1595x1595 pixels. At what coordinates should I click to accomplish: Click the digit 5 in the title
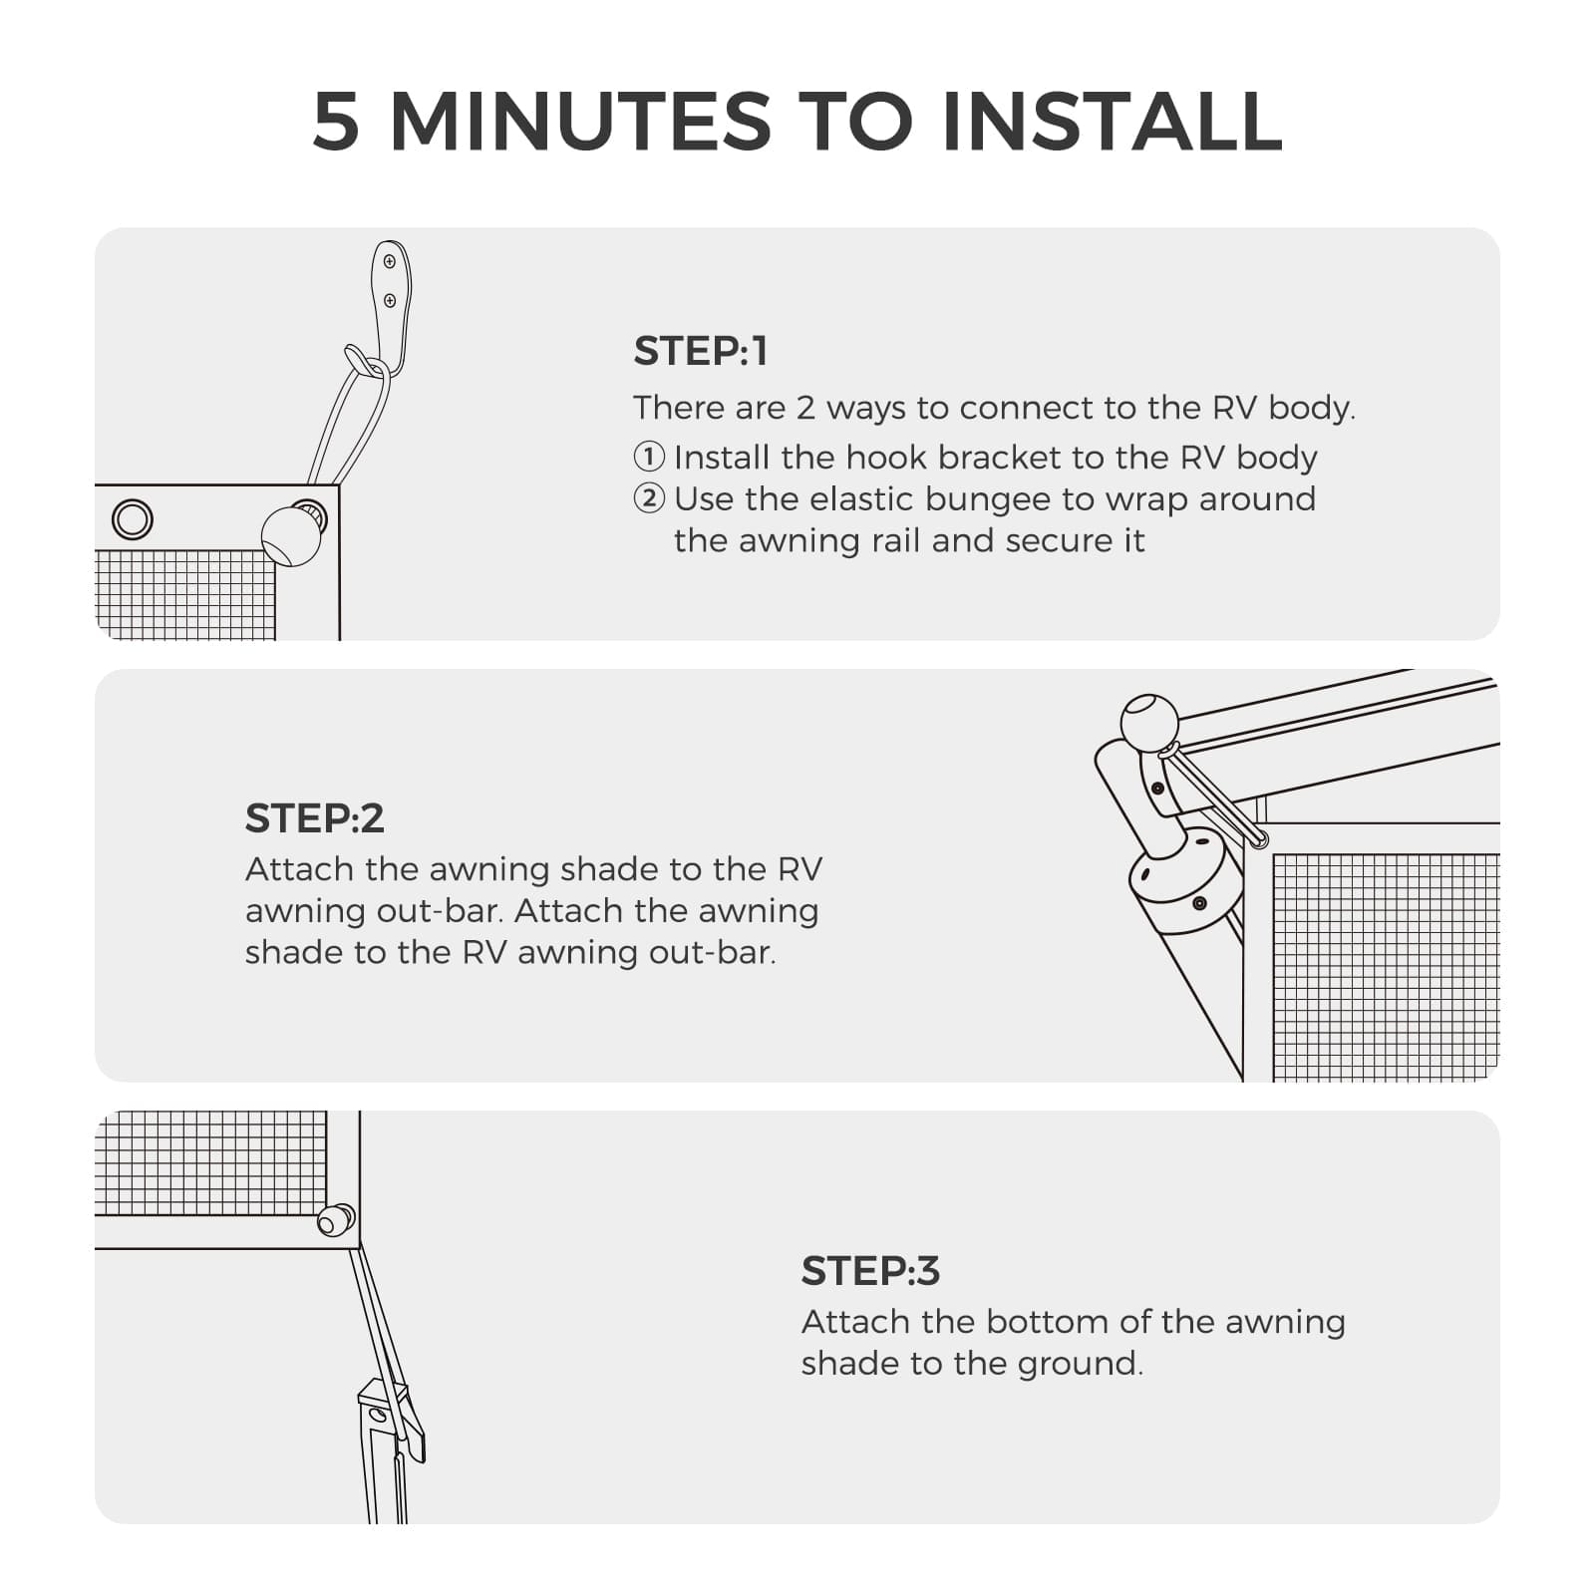[x=335, y=123]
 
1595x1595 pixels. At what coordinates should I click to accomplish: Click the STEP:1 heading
[x=701, y=352]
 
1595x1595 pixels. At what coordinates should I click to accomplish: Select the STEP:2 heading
[x=314, y=818]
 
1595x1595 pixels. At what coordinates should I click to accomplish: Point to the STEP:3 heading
[x=870, y=1271]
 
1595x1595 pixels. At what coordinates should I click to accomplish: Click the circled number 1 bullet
[x=649, y=458]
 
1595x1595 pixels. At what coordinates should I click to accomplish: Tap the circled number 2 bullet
[x=649, y=498]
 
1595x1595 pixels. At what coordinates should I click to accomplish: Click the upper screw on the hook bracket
[x=390, y=263]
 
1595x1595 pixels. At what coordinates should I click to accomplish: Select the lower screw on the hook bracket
[x=390, y=300]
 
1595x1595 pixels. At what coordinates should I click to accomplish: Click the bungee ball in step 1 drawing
[x=291, y=536]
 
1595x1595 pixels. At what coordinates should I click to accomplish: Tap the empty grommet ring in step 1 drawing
[x=133, y=519]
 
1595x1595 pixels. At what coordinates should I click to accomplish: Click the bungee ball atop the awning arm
[x=1149, y=722]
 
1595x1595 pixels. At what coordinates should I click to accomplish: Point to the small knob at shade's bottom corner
[x=336, y=1220]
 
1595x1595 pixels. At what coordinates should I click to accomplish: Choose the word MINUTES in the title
[x=580, y=123]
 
